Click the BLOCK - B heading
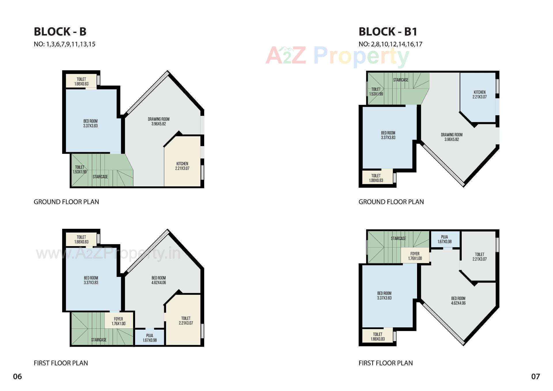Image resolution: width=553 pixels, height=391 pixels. pos(60,32)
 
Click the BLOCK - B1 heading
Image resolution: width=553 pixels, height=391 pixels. pos(388,32)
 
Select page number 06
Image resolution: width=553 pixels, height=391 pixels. pos(17,376)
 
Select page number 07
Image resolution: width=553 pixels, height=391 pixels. pos(535,376)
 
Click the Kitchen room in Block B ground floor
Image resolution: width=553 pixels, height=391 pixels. pos(182,166)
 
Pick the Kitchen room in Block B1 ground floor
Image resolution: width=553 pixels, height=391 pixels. pos(480,95)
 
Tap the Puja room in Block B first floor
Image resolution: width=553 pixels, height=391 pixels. pos(149,338)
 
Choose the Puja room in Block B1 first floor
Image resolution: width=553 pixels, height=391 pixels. pos(444,239)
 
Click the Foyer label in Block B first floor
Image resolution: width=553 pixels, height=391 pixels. pos(118,321)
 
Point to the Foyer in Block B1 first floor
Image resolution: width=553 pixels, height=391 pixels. pos(415,256)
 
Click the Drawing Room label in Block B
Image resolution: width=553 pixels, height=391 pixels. pos(158,121)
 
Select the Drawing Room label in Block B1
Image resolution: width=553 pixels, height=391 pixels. pos(452,137)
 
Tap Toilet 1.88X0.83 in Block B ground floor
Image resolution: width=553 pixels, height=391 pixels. pos(81,81)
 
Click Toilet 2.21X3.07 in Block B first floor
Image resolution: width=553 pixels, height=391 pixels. pos(186,320)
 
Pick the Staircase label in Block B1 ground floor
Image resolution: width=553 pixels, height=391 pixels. pos(401,80)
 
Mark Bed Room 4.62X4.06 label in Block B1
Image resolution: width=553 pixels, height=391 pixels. pos(458,301)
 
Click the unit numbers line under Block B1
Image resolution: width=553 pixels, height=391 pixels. pos(390,44)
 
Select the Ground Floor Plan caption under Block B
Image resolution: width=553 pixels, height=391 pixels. pos(66,202)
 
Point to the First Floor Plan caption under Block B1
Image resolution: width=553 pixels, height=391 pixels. pos(385,363)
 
